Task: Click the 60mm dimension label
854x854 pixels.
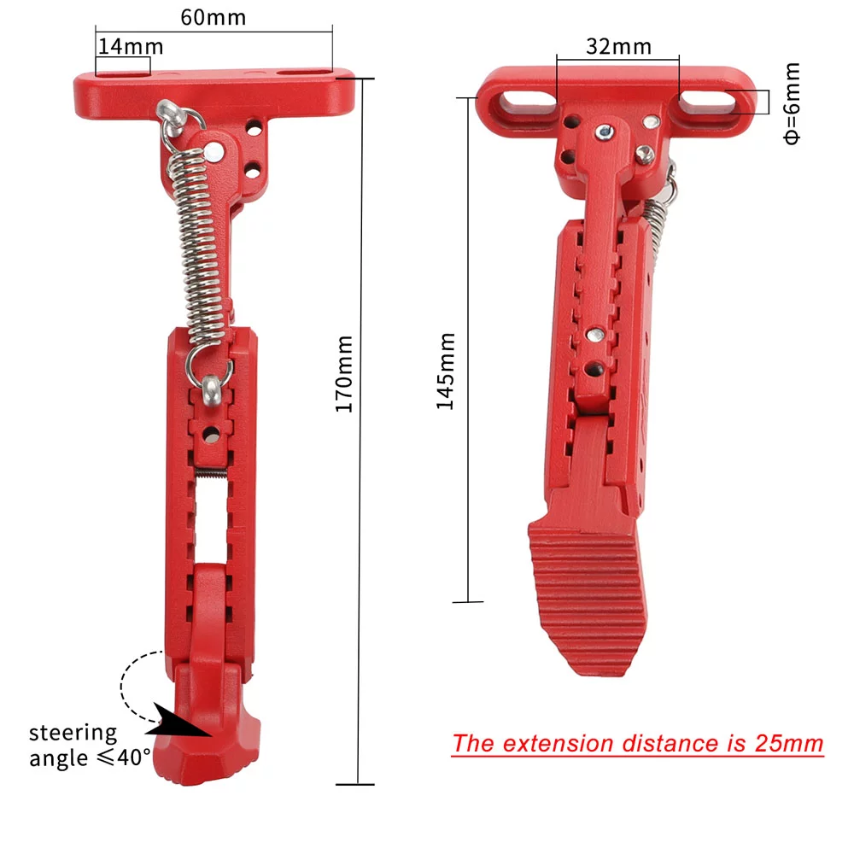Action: [213, 16]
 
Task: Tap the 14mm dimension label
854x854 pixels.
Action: [130, 46]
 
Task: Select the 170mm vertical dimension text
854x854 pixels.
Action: [343, 374]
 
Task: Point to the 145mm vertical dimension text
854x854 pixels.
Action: [446, 371]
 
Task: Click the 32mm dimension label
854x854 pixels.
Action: [618, 46]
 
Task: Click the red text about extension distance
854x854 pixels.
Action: [637, 743]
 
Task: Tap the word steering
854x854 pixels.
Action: [73, 733]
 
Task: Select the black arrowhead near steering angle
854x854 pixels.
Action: [184, 724]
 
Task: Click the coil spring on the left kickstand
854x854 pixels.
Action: [197, 248]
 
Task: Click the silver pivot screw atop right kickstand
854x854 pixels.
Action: [605, 131]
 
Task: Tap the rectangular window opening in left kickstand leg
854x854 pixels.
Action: [208, 521]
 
